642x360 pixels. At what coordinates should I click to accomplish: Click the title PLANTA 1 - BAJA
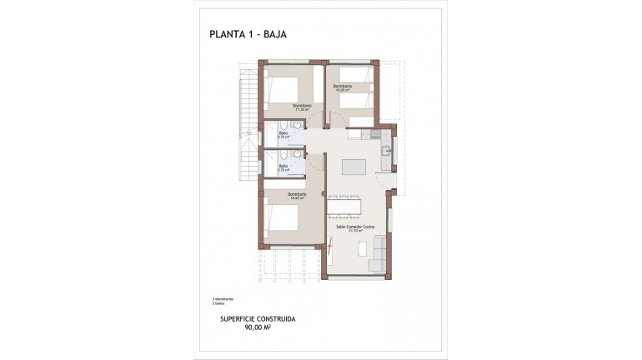pos(250,35)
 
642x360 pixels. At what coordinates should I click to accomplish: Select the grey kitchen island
pos(354,165)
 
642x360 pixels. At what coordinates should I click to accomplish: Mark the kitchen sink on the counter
pos(386,152)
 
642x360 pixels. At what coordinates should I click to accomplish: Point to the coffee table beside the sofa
pos(364,249)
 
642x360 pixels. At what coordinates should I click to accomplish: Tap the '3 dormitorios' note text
pos(223,299)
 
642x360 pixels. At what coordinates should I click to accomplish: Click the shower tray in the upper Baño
pos(271,133)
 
